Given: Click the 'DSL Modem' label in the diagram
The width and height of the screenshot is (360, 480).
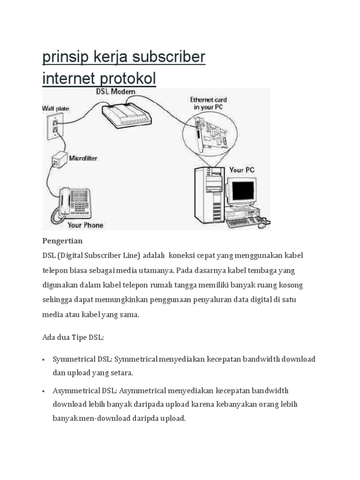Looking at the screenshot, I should click(115, 92).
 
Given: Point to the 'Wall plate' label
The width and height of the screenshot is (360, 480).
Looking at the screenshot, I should click(55, 108).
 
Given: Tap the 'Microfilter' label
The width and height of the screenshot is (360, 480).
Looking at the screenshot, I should click(83, 158).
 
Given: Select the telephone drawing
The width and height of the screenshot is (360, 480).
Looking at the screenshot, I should click(71, 202).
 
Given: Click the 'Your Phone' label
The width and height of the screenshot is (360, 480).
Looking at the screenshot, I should click(85, 225).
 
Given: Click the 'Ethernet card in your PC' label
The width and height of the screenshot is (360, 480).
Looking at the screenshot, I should click(208, 104).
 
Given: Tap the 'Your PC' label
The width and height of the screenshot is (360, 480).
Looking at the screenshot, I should click(242, 170).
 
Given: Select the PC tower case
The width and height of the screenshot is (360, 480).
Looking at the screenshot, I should click(210, 195).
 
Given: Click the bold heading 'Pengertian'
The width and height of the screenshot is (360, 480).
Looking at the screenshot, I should click(62, 241).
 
